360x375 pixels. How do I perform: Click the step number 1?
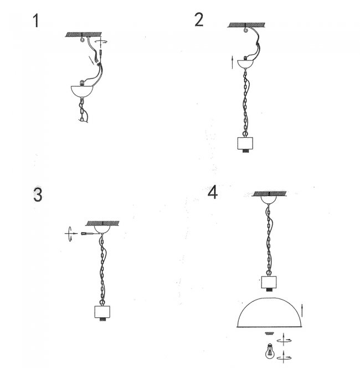click(x=36, y=20)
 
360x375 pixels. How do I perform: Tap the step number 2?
click(x=199, y=19)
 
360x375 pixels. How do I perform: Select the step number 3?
click(x=38, y=194)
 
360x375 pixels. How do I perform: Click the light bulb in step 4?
click(x=270, y=351)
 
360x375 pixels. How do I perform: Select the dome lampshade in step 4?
click(x=270, y=312)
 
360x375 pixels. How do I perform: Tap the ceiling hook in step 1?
click(x=83, y=38)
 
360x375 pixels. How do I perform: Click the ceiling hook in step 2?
click(x=245, y=30)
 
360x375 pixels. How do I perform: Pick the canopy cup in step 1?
click(x=82, y=91)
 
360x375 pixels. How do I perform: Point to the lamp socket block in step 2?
click(x=245, y=143)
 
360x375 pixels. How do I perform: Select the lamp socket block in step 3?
click(x=102, y=312)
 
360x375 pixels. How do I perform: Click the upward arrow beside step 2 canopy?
click(x=232, y=63)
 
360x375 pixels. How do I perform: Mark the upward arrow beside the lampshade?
click(x=302, y=310)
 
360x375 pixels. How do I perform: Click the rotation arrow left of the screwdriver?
click(x=70, y=233)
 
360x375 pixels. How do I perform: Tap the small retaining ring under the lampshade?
click(x=269, y=333)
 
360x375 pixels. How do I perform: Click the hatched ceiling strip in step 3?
click(x=102, y=223)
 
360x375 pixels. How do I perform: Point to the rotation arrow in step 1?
click(x=102, y=42)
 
